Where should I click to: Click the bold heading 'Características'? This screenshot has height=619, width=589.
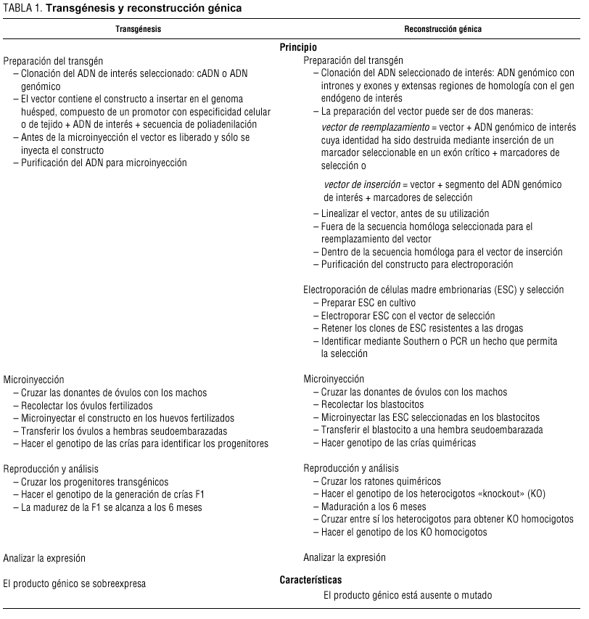(310, 580)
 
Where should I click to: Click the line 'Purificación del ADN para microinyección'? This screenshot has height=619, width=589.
(104, 163)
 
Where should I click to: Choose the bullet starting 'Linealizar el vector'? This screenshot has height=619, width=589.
(405, 213)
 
